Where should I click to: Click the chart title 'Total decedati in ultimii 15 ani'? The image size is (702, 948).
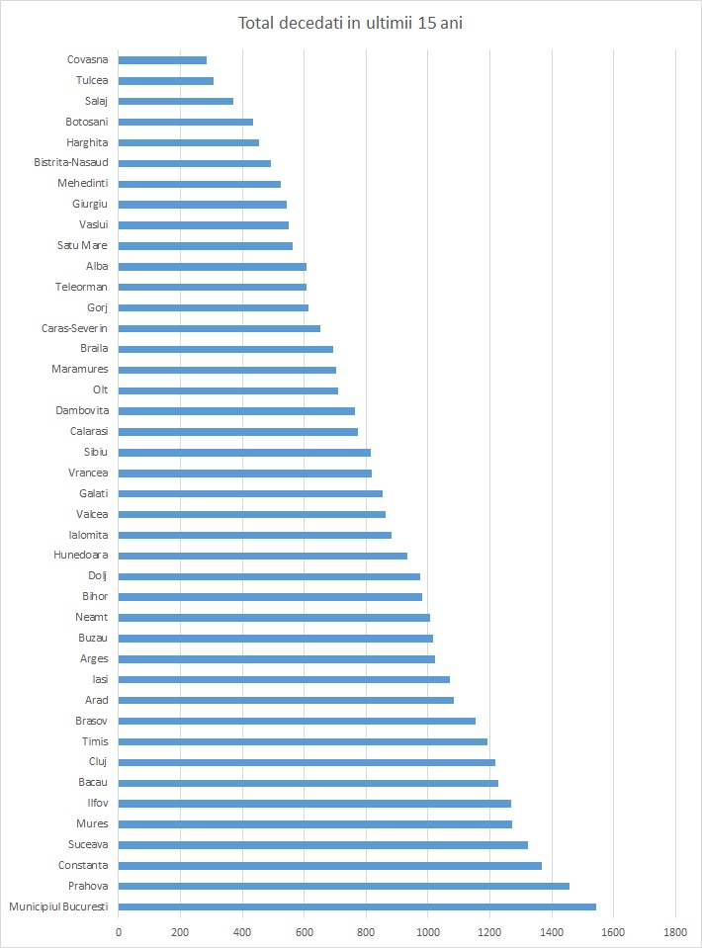(x=351, y=24)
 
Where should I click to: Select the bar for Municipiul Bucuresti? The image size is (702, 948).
(x=357, y=906)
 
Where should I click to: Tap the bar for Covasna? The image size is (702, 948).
(x=162, y=60)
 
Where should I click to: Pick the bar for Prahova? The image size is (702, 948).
(x=344, y=886)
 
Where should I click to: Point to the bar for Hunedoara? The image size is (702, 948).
(x=263, y=556)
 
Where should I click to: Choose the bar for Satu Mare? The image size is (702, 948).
(x=206, y=245)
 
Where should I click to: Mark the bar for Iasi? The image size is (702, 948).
(x=284, y=679)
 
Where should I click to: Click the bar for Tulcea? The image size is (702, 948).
(x=166, y=81)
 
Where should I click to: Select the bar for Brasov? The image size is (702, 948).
(x=297, y=721)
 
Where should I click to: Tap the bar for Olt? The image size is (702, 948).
(x=228, y=390)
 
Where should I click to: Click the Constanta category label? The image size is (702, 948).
(x=83, y=865)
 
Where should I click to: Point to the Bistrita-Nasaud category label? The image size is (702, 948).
(x=71, y=162)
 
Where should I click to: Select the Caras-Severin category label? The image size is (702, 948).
(x=75, y=328)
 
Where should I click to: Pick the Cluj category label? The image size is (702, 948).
(x=98, y=761)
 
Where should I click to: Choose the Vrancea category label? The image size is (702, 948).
(x=88, y=473)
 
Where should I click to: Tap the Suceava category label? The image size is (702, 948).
(x=86, y=844)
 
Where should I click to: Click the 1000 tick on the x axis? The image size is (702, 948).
(x=428, y=932)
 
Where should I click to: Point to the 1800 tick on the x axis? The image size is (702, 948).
(x=675, y=932)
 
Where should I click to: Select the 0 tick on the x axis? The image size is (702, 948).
(x=119, y=932)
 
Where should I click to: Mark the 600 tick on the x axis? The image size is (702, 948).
(x=305, y=932)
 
